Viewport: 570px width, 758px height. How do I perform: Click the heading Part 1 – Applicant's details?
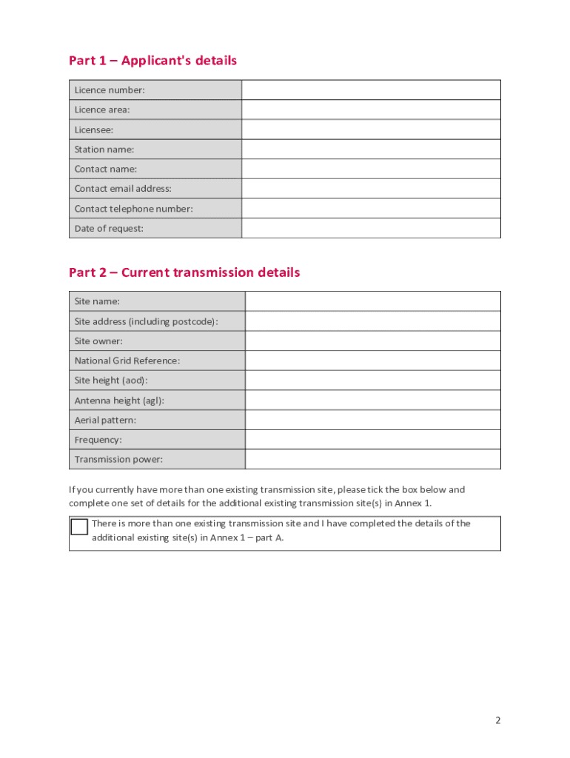click(x=152, y=61)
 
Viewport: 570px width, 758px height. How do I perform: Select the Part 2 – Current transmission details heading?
click(x=184, y=272)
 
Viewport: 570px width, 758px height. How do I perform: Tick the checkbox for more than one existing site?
click(x=79, y=527)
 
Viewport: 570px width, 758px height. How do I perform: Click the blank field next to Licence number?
click(x=371, y=90)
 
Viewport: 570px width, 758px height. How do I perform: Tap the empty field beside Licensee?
click(x=371, y=130)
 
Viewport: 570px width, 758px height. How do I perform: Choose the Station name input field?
click(x=371, y=150)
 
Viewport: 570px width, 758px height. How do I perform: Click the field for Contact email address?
click(x=371, y=189)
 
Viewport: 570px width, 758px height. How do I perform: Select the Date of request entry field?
click(x=371, y=228)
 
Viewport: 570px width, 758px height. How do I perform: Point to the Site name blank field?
click(x=372, y=301)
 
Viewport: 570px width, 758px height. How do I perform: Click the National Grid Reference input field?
click(x=372, y=360)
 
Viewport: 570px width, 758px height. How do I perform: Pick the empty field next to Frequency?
click(x=372, y=440)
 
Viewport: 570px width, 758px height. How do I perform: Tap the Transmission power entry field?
click(x=372, y=459)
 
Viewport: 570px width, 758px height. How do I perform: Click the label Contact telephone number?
click(x=133, y=209)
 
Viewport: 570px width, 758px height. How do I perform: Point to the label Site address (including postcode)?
click(x=146, y=321)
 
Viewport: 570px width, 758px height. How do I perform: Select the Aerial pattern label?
click(x=105, y=420)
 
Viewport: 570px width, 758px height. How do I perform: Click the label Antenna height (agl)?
click(x=119, y=400)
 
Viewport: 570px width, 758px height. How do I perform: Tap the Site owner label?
click(x=98, y=341)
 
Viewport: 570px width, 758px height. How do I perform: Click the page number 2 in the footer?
click(x=498, y=720)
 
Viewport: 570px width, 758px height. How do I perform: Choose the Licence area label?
click(x=102, y=110)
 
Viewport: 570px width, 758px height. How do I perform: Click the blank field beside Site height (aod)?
click(x=372, y=380)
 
